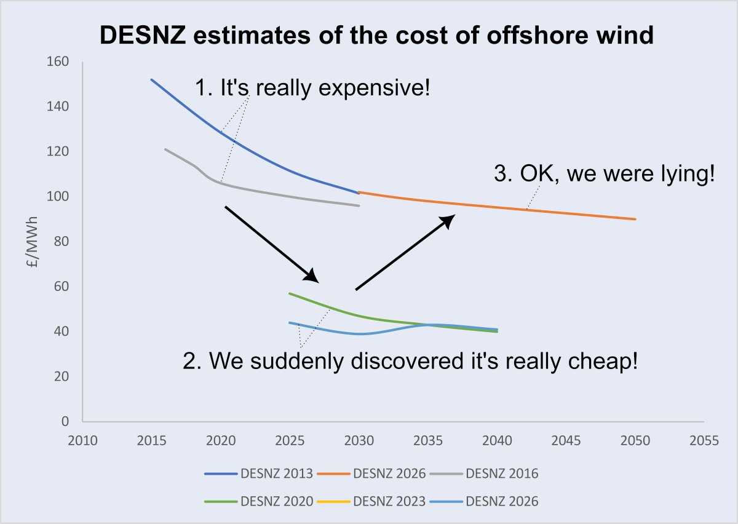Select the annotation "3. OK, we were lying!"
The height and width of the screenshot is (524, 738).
604,174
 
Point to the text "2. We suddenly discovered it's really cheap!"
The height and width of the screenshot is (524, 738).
410,360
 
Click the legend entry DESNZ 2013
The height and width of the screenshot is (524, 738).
259,474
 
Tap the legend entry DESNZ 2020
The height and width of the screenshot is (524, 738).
259,501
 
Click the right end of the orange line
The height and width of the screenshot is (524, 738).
635,219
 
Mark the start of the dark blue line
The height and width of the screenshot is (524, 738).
151,79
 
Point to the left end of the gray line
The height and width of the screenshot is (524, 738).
165,149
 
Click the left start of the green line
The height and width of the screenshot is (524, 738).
289,293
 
